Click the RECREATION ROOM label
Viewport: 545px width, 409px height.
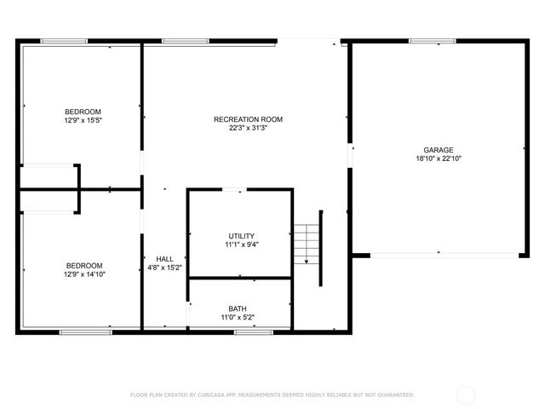248,119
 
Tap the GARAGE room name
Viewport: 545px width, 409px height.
439,149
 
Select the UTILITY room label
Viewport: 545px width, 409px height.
241,236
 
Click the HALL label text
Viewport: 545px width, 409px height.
164,259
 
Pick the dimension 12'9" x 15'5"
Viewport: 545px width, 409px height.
83,120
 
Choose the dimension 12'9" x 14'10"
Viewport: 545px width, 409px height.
83,274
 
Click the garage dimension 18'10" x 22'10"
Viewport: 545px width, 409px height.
439,158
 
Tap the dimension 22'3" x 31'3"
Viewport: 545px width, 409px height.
248,129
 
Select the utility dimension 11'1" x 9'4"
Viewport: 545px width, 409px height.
241,245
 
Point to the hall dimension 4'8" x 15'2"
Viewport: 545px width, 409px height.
164,268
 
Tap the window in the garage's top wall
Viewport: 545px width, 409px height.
427,40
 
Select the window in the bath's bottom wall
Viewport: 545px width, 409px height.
247,331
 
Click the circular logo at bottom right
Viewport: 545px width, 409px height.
466,395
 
